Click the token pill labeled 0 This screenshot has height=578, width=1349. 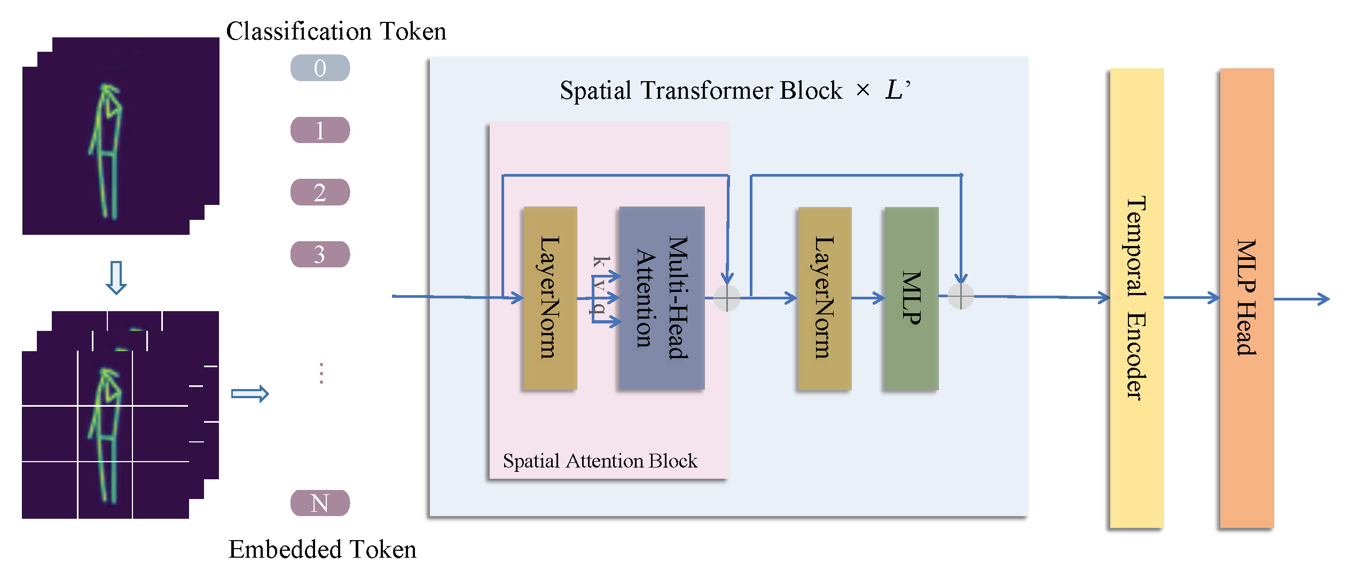(x=320, y=68)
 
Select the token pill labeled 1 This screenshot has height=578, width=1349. (x=320, y=130)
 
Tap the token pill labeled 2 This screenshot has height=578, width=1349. (x=320, y=192)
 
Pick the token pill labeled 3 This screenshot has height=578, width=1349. (x=320, y=254)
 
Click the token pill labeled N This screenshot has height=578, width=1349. (x=320, y=503)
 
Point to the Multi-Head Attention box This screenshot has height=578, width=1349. (x=662, y=298)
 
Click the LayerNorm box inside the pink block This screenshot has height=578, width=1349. (x=550, y=298)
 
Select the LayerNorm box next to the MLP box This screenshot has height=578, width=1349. (x=824, y=298)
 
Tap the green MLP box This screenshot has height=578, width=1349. (x=911, y=298)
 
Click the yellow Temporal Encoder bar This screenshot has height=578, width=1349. (x=1136, y=298)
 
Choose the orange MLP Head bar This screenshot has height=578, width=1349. (x=1246, y=298)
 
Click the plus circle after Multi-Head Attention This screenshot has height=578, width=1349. (x=727, y=298)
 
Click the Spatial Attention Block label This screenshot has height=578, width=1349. (x=600, y=461)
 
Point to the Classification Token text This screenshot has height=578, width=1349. (x=336, y=31)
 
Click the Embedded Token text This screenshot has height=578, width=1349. (x=322, y=549)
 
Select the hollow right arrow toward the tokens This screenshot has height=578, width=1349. (x=250, y=394)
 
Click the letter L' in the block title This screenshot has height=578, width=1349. (x=897, y=89)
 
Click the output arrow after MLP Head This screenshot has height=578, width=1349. (x=1303, y=299)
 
